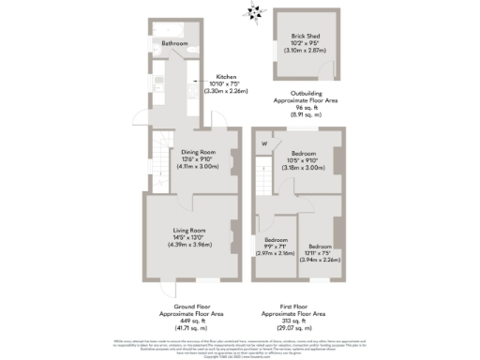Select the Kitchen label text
coord(227,77)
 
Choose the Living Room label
coord(188,228)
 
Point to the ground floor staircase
coord(160,169)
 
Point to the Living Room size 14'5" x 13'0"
coord(188,238)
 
